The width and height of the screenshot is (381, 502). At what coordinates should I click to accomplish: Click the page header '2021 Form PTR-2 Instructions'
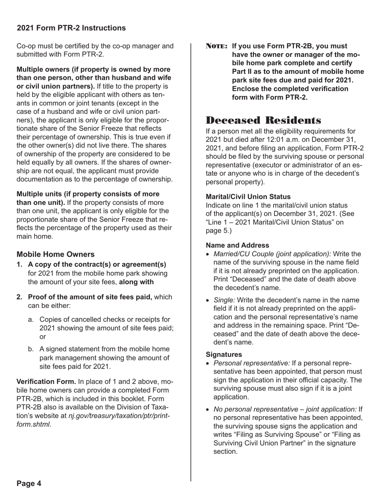pyautogui.click(x=71, y=28)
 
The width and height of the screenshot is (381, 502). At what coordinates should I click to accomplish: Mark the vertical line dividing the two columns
pyautogui.click(x=191, y=261)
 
